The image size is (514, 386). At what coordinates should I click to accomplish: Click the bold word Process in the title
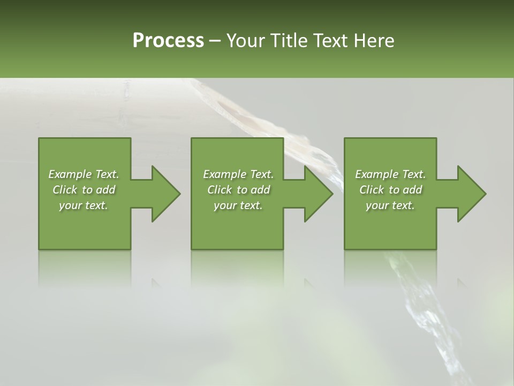[168, 41]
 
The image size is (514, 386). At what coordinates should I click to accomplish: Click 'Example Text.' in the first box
[84, 174]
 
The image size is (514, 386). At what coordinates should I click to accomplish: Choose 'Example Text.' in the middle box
[238, 174]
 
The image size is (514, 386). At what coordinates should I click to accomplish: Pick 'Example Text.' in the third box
[390, 174]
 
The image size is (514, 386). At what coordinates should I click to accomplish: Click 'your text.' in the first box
[84, 205]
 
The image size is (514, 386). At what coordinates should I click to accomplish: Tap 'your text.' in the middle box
[238, 205]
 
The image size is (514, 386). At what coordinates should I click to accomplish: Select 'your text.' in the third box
[390, 205]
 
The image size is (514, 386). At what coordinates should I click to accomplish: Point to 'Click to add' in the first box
[84, 190]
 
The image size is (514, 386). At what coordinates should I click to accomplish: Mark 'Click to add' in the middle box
[238, 190]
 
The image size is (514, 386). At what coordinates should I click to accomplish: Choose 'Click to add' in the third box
[390, 190]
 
